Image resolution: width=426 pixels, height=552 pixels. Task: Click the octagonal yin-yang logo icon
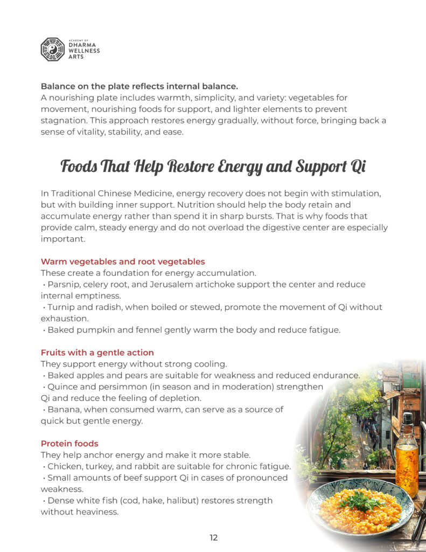pyautogui.click(x=52, y=49)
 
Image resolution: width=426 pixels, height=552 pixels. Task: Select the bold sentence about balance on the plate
pyautogui.click(x=139, y=86)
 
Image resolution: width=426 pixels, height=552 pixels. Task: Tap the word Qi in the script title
pyautogui.click(x=358, y=166)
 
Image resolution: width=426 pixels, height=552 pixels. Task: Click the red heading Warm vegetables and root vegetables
pyautogui.click(x=123, y=261)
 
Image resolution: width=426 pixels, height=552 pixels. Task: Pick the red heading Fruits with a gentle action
pyautogui.click(x=97, y=353)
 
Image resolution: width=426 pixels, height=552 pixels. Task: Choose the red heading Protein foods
pyautogui.click(x=69, y=444)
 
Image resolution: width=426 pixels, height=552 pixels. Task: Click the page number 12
pyautogui.click(x=213, y=537)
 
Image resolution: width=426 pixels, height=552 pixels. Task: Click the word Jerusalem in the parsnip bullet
pyautogui.click(x=189, y=284)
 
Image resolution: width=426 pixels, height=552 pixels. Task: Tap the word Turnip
pyautogui.click(x=61, y=307)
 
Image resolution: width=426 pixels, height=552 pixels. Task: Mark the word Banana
pyautogui.click(x=64, y=410)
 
